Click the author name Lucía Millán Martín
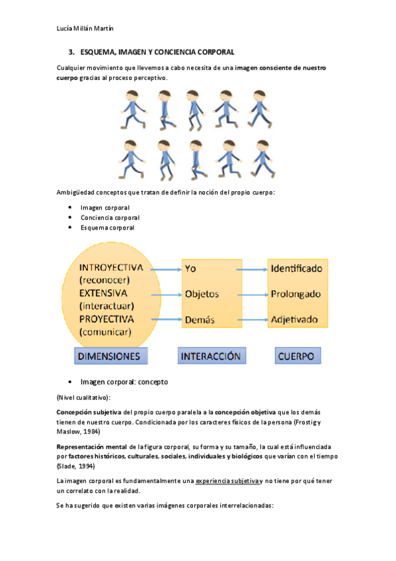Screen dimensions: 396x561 86,28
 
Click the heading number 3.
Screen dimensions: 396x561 71,52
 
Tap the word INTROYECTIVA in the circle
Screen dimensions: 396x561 114,268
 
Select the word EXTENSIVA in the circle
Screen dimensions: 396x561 104,292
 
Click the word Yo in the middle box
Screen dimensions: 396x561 190,269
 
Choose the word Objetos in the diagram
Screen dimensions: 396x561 202,294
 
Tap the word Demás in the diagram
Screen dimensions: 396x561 200,320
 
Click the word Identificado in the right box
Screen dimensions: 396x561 296,269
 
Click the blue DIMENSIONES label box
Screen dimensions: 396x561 110,356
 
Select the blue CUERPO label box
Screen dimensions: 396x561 297,355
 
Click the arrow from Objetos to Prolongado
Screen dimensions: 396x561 245,294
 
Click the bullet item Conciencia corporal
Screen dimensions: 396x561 110,218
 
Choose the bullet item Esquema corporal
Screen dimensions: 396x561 107,228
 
